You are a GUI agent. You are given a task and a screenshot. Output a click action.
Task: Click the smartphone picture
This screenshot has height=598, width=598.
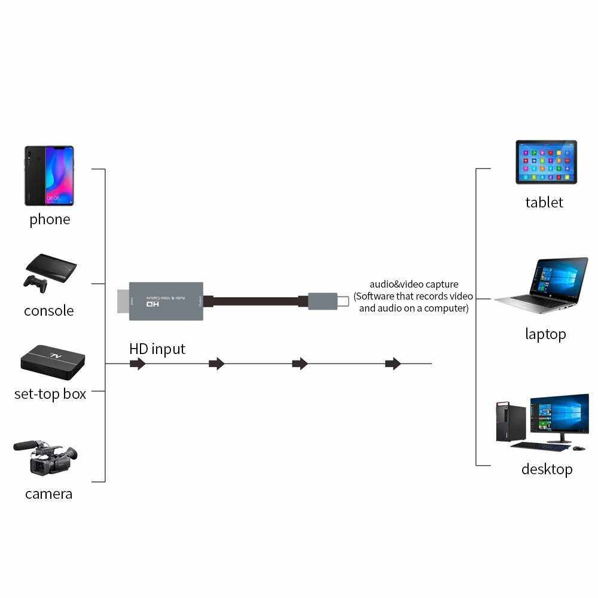tap(49, 175)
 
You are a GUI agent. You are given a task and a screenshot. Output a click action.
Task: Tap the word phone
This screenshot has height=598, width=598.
tap(50, 219)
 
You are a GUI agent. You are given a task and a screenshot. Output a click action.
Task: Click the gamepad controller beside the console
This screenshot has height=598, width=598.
tap(36, 283)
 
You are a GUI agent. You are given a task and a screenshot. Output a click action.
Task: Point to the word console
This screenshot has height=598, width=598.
tap(49, 311)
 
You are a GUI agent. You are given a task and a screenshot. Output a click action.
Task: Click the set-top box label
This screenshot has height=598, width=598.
tap(50, 394)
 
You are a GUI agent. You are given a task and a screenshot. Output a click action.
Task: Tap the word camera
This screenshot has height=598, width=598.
tap(49, 494)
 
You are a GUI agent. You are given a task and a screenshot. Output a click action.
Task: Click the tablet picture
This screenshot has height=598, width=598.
tap(546, 161)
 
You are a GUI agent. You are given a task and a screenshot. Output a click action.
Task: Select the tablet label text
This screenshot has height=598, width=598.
tap(544, 202)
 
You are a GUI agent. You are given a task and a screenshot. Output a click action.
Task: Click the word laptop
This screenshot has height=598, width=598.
tap(545, 334)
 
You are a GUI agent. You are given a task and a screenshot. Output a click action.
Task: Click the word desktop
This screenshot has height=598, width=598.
tap(547, 469)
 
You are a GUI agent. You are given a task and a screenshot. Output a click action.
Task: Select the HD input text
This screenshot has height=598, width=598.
tap(157, 349)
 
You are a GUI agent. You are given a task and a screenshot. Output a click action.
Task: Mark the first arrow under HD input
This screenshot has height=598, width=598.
tap(138, 364)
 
